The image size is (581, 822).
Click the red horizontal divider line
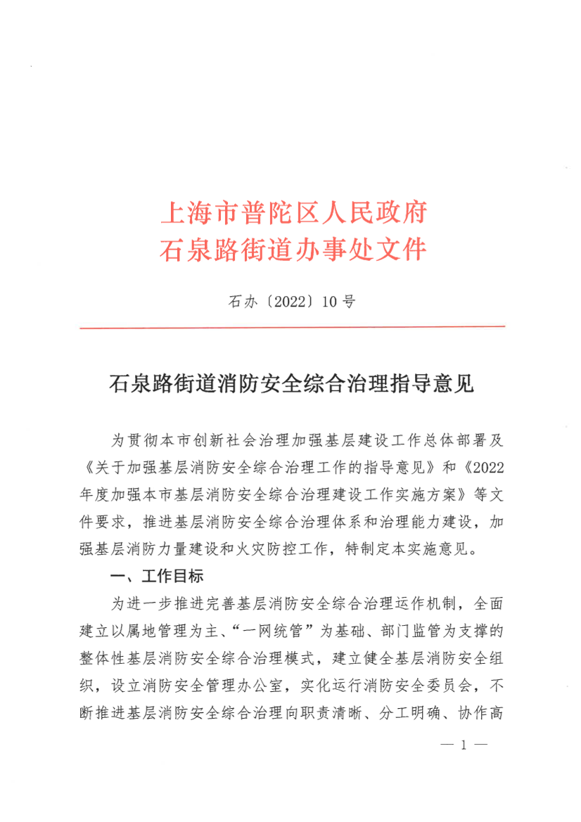tap(292, 327)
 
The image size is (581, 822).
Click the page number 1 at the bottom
tap(464, 782)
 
